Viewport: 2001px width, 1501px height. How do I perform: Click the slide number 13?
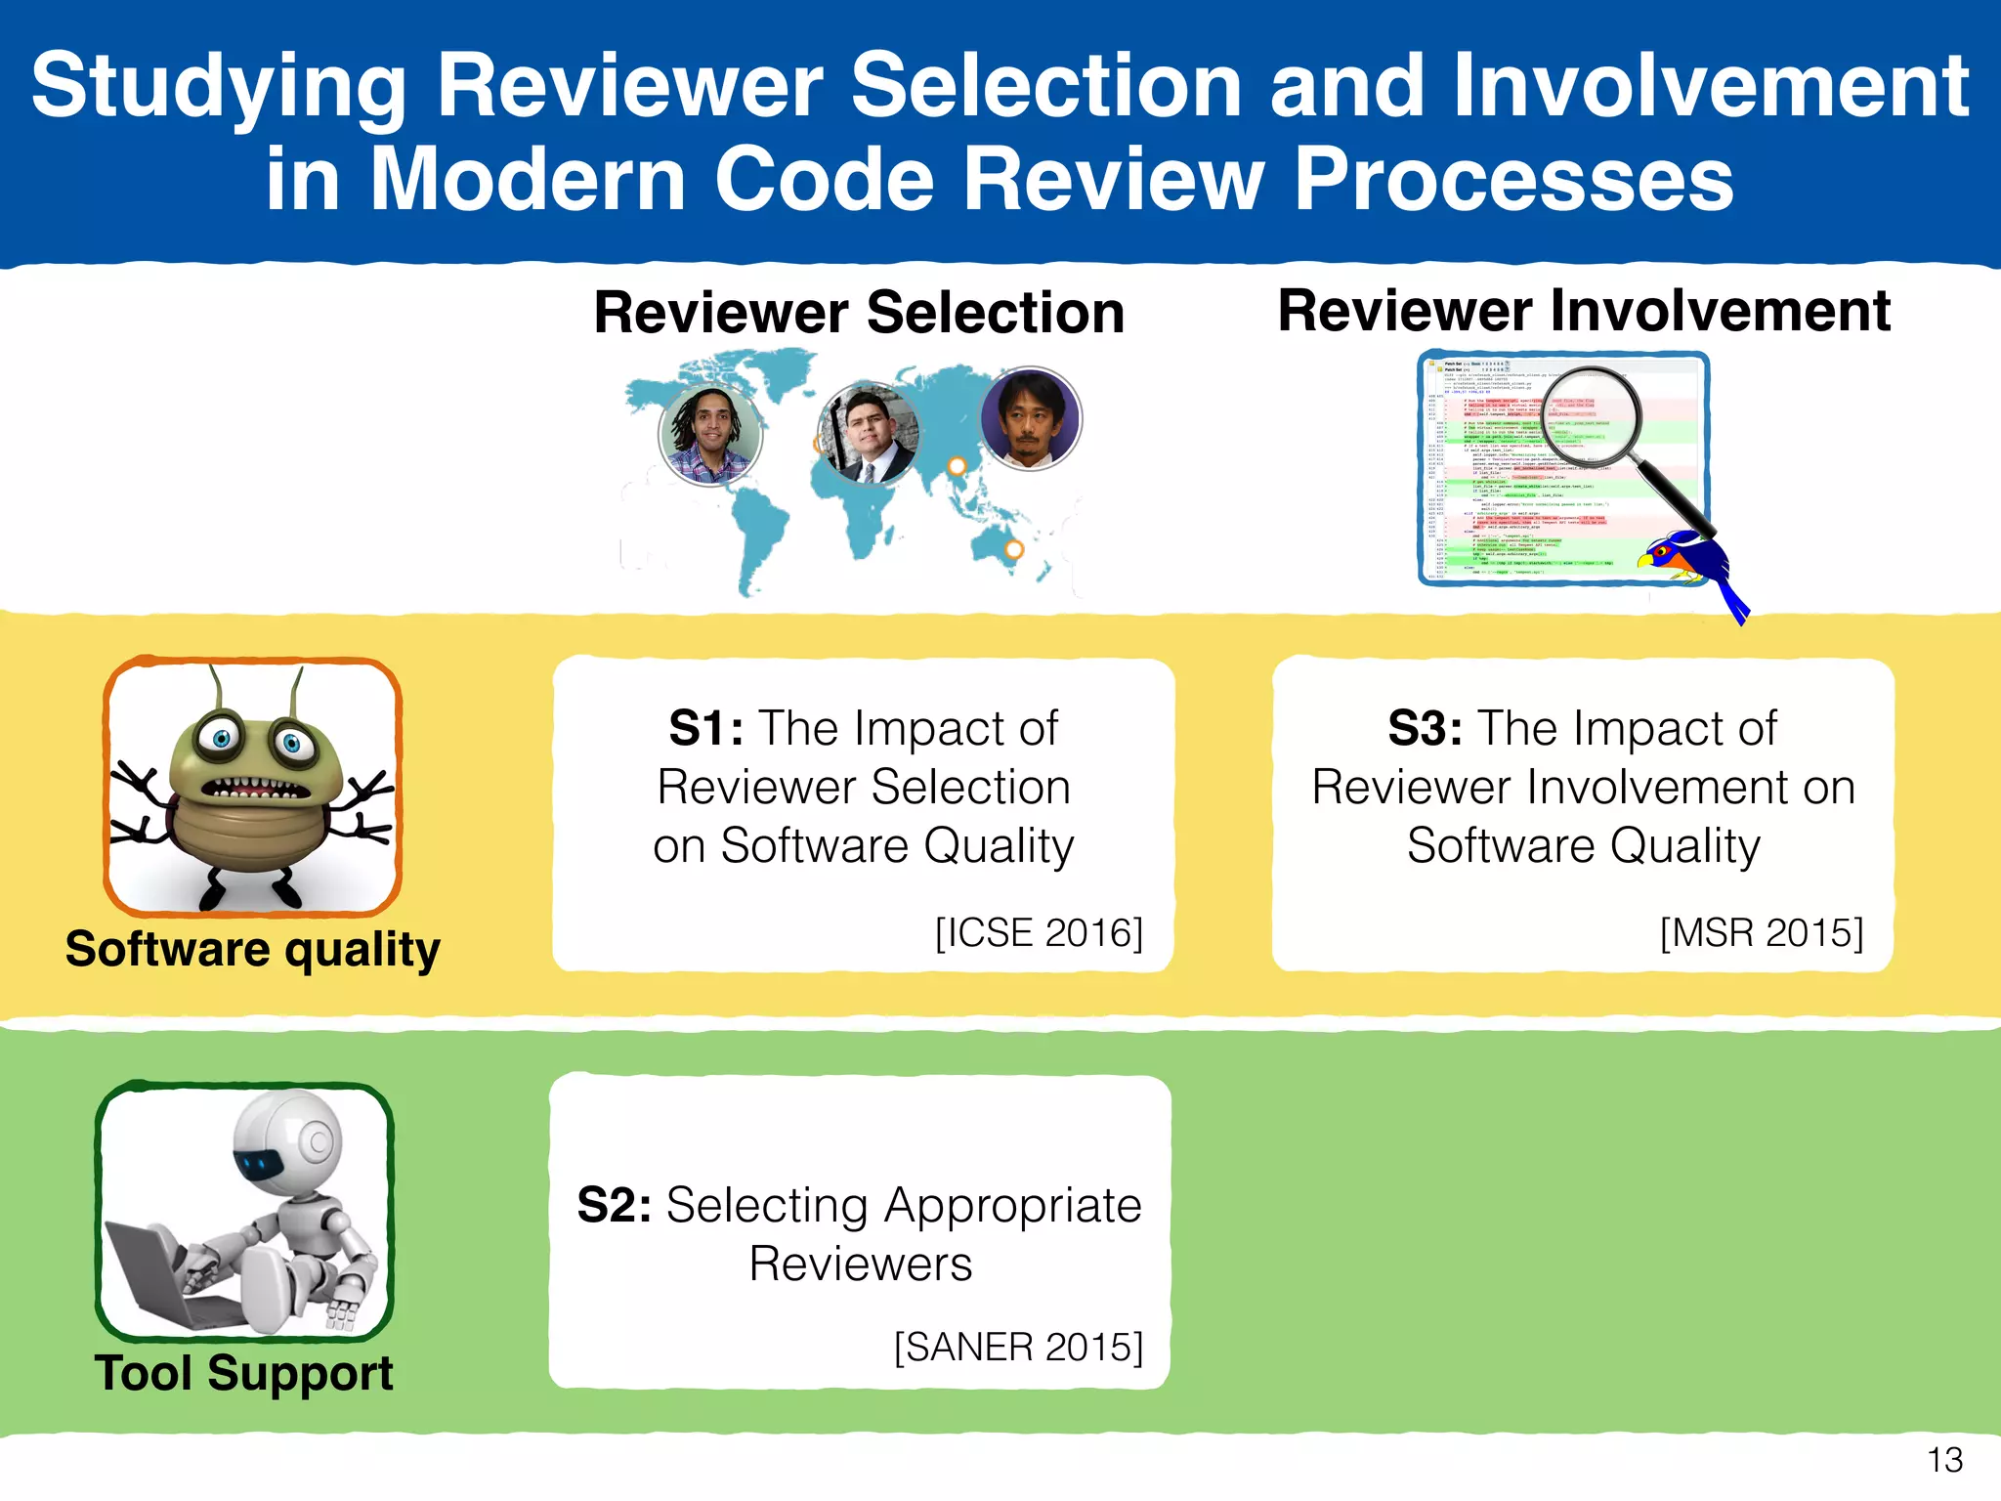pos(1944,1460)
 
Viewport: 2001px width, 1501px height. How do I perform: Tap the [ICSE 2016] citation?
pos(1039,932)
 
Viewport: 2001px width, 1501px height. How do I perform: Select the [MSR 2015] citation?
pos(1762,932)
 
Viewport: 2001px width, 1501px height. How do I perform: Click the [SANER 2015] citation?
pos(1018,1347)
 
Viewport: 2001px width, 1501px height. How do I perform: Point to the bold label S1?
pos(705,728)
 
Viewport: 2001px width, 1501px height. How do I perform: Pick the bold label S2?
pos(615,1205)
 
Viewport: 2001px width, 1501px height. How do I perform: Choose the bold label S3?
pos(1425,728)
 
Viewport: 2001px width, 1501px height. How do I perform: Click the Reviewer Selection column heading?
pos(859,313)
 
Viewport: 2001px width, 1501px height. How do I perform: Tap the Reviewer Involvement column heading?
pos(1583,311)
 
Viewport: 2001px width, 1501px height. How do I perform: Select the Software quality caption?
pos(252,949)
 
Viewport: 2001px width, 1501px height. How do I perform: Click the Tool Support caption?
pos(244,1372)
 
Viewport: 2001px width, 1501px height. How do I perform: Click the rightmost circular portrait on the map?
pos(1030,418)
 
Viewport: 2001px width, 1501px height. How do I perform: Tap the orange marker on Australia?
pos(1014,549)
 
